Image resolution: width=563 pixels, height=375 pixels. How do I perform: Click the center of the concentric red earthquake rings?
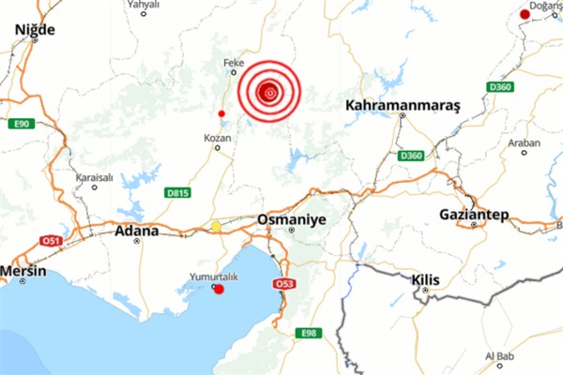[269, 92]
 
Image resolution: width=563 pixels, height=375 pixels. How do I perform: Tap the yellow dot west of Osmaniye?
[217, 226]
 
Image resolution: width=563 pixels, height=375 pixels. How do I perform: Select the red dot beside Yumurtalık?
[220, 290]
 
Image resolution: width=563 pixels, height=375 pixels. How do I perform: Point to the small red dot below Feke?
[221, 113]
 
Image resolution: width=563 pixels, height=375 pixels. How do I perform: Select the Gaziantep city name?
[473, 216]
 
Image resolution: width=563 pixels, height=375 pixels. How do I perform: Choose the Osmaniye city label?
[290, 220]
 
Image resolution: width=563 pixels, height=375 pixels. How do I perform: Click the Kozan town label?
[217, 138]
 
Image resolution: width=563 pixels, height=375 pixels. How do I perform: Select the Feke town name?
[233, 64]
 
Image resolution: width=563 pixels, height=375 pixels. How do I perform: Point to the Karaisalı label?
[95, 176]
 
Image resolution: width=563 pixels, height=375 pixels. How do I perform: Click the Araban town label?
[524, 142]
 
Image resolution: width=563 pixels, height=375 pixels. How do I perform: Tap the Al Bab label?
[501, 357]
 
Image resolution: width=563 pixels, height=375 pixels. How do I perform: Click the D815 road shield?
[177, 193]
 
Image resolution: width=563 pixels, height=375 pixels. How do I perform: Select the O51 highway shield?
[50, 241]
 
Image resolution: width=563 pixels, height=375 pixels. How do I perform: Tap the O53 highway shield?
[284, 284]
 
